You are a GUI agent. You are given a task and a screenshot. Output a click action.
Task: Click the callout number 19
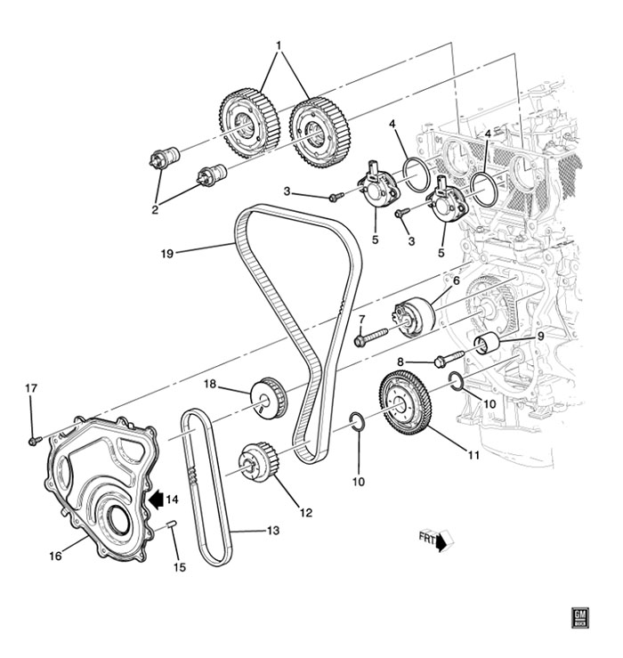(166, 253)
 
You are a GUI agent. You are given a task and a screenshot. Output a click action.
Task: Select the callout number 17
(31, 388)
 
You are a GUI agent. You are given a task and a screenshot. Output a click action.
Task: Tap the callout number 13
(272, 531)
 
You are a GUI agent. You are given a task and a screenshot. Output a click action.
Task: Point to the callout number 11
(473, 456)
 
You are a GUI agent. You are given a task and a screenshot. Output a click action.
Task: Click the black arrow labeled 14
(158, 499)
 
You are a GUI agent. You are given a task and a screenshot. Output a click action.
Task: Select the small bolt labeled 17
(33, 439)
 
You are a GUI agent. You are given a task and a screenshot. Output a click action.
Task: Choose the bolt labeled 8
(443, 361)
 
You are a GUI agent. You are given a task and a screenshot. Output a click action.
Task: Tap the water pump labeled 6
(412, 317)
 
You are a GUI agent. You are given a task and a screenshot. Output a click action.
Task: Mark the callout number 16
(54, 556)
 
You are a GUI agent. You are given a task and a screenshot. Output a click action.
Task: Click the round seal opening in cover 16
(114, 519)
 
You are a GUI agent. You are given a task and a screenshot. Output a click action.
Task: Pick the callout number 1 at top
(278, 44)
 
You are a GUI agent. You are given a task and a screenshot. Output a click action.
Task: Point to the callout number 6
(456, 280)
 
